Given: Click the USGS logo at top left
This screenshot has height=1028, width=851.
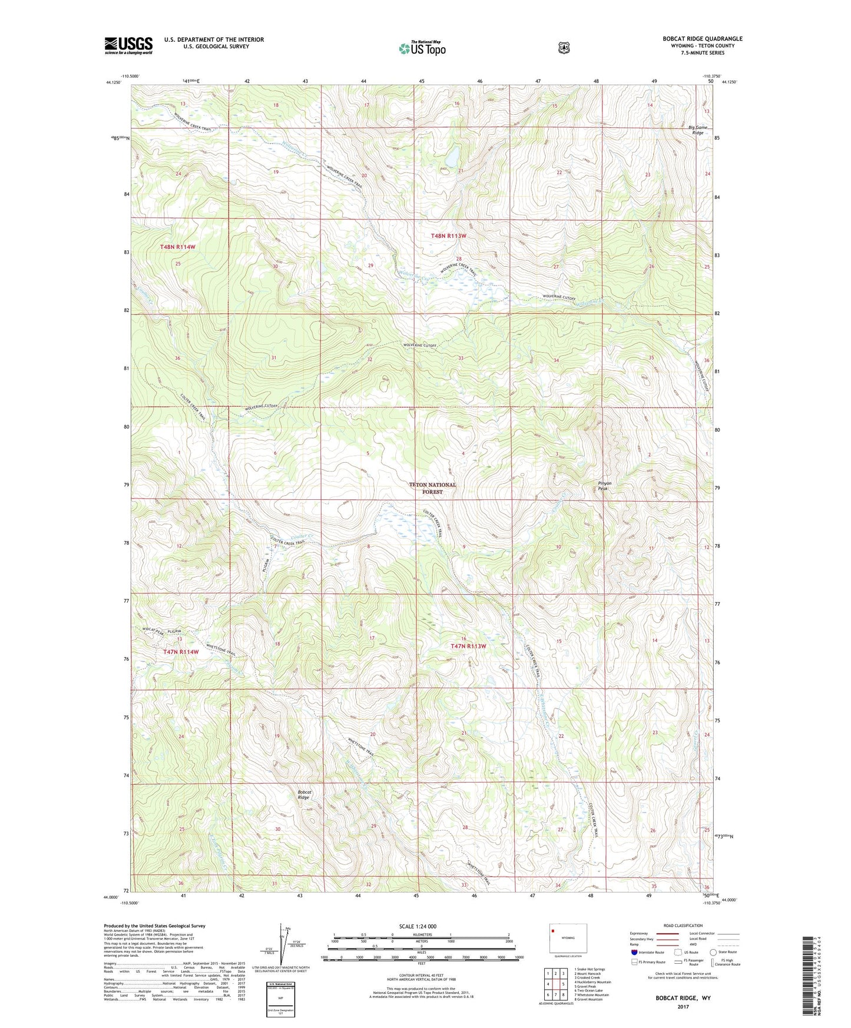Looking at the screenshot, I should coord(128,45).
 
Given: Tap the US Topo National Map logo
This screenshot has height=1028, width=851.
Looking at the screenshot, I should coord(422,48).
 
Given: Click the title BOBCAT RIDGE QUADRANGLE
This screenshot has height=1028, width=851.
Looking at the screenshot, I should coord(702,39).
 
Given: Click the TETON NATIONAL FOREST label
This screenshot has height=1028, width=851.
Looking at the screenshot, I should coord(433,488).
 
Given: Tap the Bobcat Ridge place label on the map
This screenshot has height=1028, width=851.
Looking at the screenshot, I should coord(304,795).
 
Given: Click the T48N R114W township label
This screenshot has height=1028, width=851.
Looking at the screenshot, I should coord(177,247).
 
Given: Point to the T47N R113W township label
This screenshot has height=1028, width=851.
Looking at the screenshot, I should coord(468,646).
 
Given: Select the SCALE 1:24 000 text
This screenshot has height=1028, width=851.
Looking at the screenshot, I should coord(418,926).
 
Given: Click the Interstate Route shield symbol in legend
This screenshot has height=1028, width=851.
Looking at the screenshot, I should coord(634,952).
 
